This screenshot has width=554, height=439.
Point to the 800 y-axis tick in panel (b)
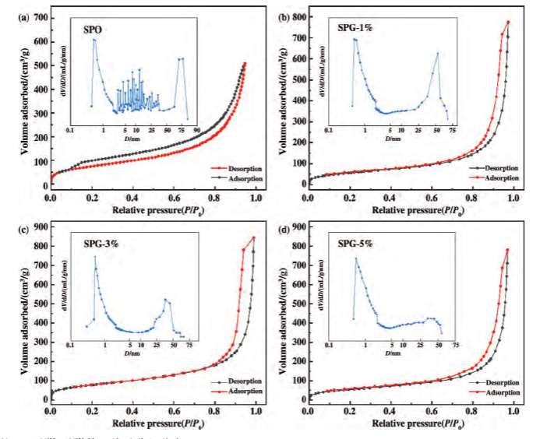click(297, 16)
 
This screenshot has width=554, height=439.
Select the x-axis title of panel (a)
click(153, 209)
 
